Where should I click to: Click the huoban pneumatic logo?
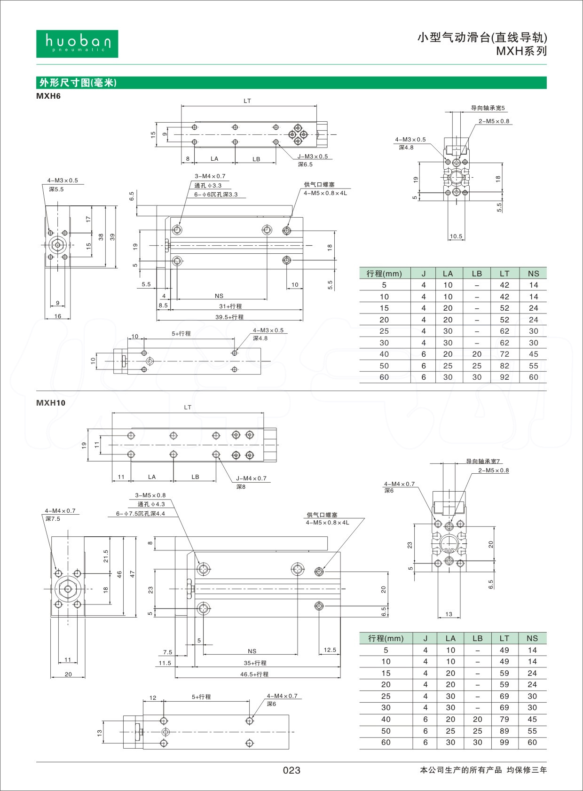77,44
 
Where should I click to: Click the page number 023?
291,770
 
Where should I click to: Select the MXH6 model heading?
48,96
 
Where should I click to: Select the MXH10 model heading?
51,403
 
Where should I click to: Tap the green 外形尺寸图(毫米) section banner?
78,83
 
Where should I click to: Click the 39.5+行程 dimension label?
229,317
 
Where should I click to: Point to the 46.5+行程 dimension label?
254,674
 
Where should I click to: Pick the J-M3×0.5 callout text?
312,157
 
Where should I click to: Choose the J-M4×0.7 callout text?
251,478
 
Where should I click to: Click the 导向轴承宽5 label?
488,108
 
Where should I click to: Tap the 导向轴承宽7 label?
483,461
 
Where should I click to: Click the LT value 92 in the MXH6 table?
504,377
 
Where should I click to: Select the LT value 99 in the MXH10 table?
504,742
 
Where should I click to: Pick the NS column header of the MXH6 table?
533,274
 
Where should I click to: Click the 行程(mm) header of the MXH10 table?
386,638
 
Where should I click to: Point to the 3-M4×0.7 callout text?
210,176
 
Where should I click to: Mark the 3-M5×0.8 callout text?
150,495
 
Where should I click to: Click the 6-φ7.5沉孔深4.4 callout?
141,513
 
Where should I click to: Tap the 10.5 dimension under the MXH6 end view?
456,236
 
